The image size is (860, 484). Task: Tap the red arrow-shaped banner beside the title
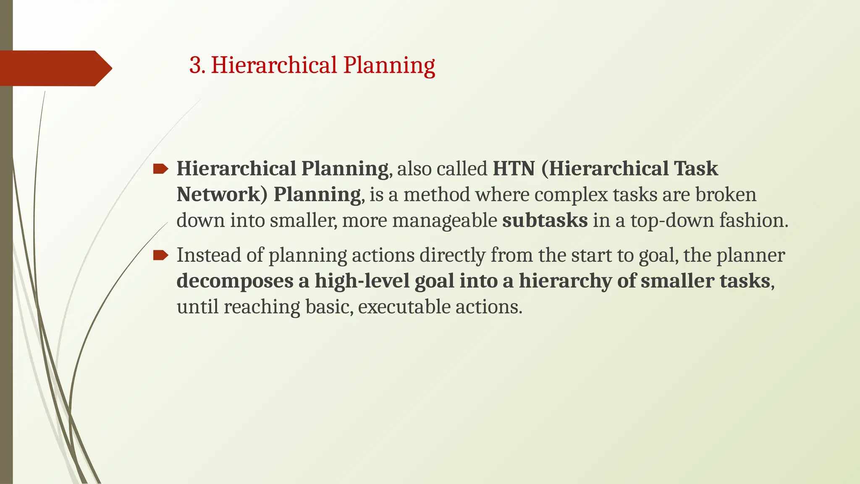[x=55, y=68]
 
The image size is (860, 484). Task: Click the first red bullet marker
[x=160, y=169]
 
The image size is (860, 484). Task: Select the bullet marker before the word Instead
[x=160, y=255]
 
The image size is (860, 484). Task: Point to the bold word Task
[x=696, y=169]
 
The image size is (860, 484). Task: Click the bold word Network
[x=222, y=195]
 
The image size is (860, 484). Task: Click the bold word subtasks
[x=545, y=221]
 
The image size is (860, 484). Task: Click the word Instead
[x=209, y=255]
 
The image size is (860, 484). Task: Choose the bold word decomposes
[x=235, y=281]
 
